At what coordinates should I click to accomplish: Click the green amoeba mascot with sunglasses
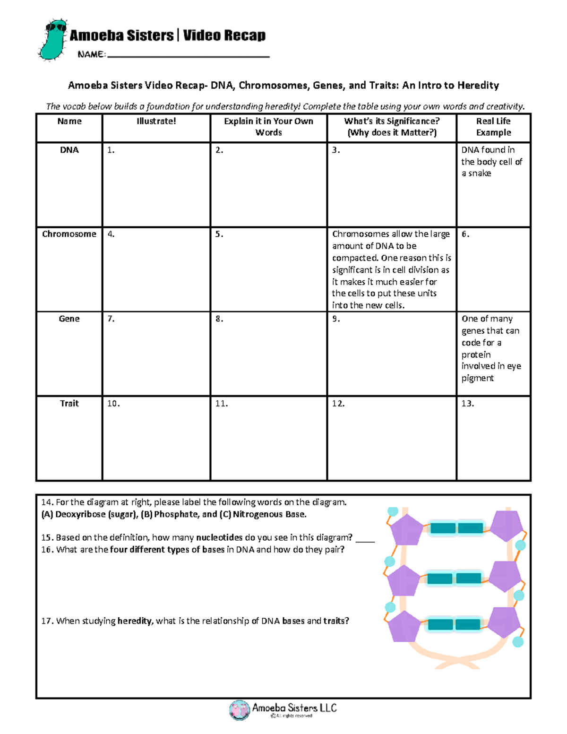(53, 40)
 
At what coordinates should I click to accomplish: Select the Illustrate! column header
(156, 121)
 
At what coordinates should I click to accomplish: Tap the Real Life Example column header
(493, 127)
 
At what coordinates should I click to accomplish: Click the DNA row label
(69, 150)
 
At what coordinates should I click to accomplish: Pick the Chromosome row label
(69, 234)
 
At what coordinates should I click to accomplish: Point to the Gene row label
(69, 319)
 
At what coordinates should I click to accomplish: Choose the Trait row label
(69, 403)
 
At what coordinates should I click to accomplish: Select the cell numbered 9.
(391, 353)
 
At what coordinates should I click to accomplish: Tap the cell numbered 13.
(493, 438)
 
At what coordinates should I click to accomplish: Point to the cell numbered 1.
(156, 184)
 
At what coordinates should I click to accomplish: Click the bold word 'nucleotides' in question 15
(219, 537)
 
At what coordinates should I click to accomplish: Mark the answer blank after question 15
(365, 539)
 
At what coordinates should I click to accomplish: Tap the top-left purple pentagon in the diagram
(406, 529)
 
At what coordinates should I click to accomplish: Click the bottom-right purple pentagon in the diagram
(505, 622)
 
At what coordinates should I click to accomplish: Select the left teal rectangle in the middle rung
(439, 578)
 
